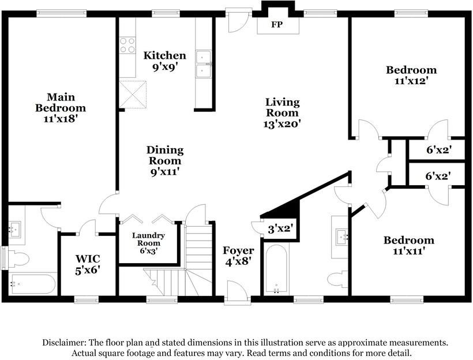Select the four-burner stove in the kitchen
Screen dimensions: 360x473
click(127, 45)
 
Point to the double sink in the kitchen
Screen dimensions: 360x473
click(203, 63)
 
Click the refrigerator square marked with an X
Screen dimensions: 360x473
click(133, 94)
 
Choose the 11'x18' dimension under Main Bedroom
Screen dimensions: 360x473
click(61, 118)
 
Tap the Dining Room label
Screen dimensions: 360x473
click(164, 155)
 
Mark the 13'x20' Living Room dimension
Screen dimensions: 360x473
click(282, 123)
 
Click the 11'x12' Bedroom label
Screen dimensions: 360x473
click(411, 76)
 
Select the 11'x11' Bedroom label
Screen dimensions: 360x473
click(409, 246)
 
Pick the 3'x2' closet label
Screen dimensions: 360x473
click(280, 228)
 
